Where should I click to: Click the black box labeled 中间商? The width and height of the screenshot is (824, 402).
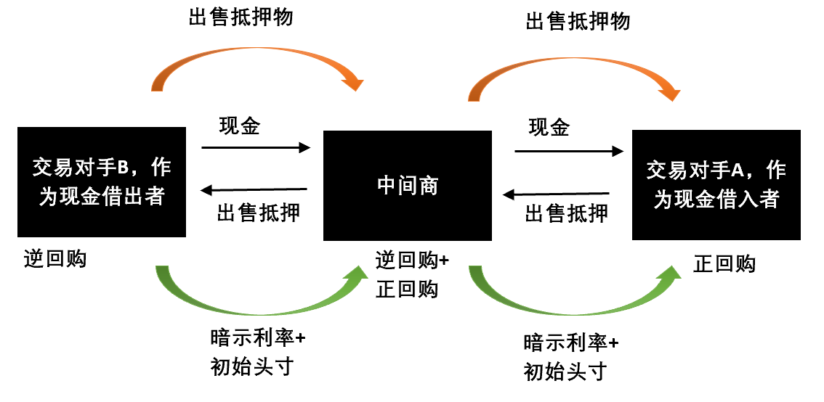click(407, 186)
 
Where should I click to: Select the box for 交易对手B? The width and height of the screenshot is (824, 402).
click(102, 181)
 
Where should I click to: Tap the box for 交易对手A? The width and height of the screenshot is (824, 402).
click(716, 184)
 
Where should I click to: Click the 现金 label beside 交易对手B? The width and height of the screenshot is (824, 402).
click(240, 126)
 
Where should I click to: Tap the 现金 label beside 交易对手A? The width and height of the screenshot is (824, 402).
click(549, 128)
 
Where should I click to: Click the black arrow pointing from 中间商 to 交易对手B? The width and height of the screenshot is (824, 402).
click(254, 191)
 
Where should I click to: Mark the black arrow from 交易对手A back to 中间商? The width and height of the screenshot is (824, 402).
click(557, 194)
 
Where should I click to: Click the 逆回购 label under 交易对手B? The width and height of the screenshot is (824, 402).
click(54, 258)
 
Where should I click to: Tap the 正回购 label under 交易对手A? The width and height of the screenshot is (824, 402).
click(724, 264)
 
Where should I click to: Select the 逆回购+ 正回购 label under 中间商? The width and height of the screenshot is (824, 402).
click(412, 275)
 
